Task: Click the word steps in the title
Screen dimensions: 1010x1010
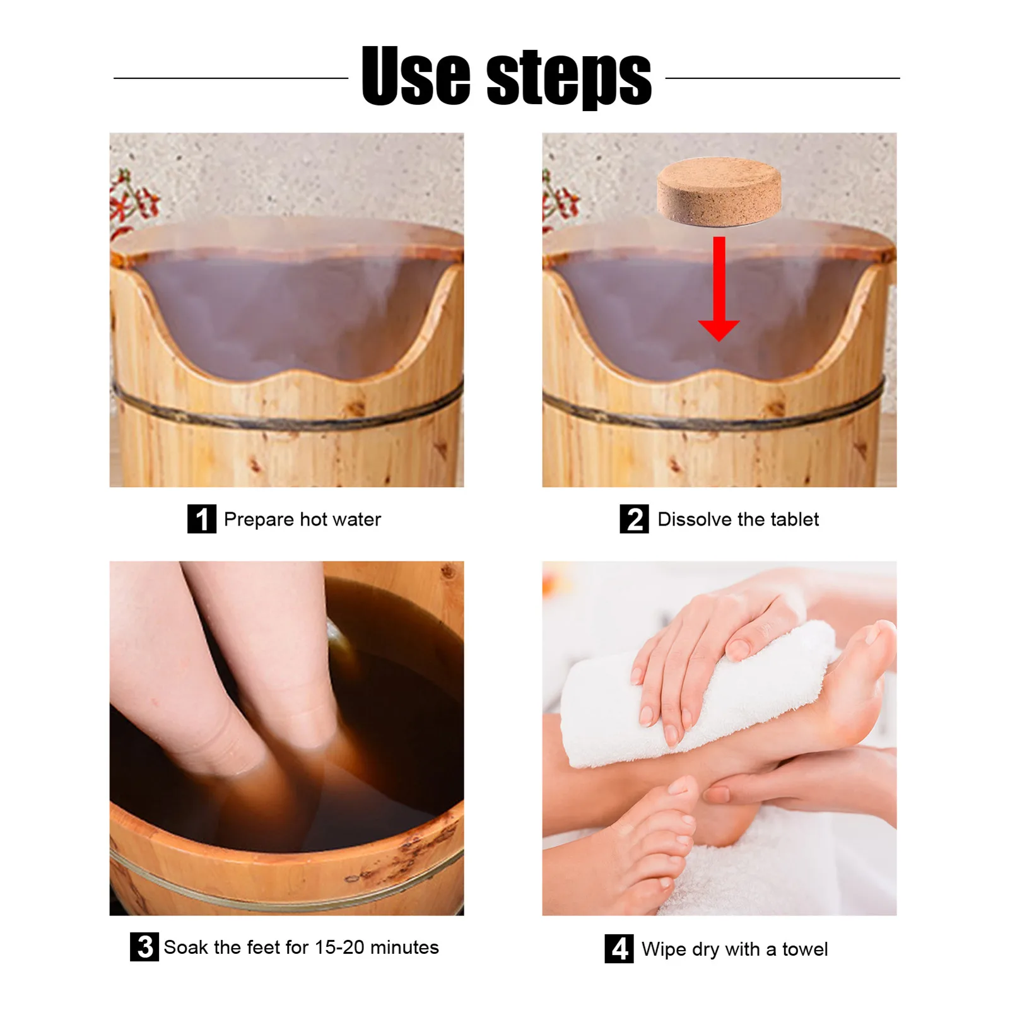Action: [570, 78]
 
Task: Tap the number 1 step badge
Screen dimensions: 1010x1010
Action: [202, 519]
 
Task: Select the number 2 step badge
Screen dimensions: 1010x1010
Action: [634, 519]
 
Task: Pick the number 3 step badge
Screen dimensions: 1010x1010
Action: [144, 947]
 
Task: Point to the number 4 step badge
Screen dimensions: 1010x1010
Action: [619, 949]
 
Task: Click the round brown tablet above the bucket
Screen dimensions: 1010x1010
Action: [719, 191]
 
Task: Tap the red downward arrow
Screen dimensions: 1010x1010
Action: [719, 289]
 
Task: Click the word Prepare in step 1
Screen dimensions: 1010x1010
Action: [259, 520]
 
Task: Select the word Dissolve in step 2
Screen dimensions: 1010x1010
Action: [695, 519]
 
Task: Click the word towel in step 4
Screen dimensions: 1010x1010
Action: [805, 949]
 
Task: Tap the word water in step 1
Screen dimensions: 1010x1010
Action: [357, 520]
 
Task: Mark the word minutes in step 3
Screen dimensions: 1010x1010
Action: [404, 948]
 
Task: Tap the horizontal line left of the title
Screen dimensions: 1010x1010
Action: [231, 78]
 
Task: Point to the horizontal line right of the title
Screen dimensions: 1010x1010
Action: [783, 78]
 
